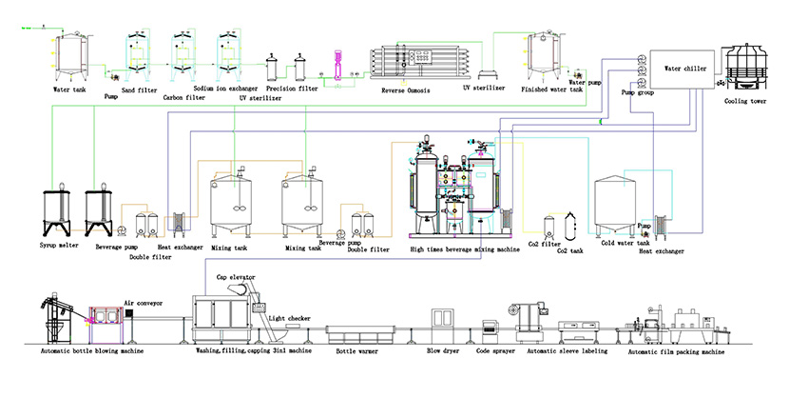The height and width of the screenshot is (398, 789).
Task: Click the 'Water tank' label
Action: pos(71,90)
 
